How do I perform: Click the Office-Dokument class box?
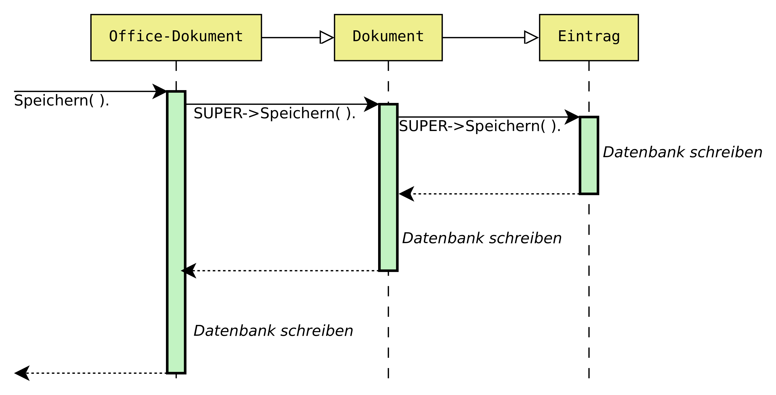[176, 37]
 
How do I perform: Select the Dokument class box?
[388, 37]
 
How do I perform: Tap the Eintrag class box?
[589, 37]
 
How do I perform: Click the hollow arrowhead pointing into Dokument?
[326, 37]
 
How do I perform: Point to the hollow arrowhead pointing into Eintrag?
[531, 37]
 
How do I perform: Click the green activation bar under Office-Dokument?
[176, 232]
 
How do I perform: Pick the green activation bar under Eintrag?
[589, 155]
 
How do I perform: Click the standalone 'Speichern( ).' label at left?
[62, 100]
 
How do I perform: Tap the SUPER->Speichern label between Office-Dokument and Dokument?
[275, 113]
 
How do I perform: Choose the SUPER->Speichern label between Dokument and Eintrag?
[479, 126]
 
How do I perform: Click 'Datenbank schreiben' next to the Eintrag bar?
[682, 152]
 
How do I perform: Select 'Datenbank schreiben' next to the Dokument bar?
[482, 238]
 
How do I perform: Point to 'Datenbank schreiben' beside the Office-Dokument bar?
[273, 331]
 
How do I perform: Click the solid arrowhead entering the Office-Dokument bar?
[160, 91]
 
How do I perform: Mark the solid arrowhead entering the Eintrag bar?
[571, 117]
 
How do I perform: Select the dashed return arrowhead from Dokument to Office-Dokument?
[189, 271]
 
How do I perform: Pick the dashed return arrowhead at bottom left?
[22, 373]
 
